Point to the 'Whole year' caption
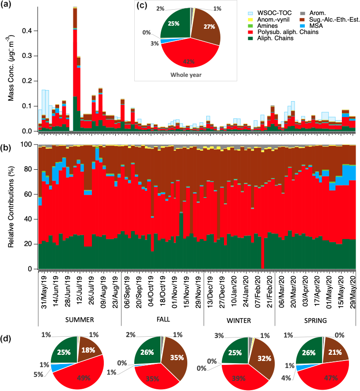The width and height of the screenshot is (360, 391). (186, 75)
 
